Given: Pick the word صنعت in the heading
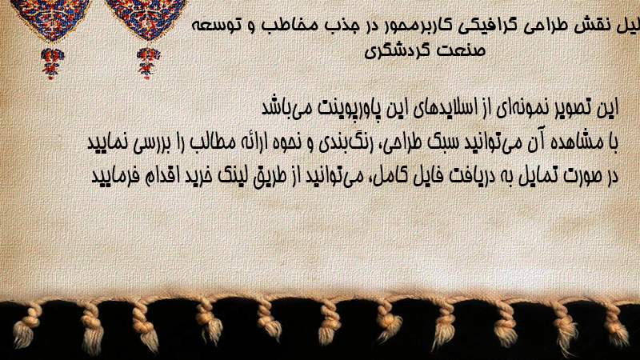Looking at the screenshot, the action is coord(461,50).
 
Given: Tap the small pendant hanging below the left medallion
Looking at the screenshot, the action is coord(52,63).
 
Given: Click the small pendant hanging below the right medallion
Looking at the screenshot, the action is coord(148,63).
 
